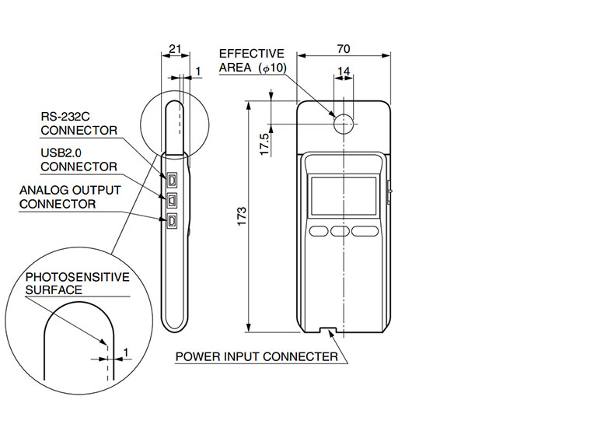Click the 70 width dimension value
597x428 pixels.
[x=343, y=48]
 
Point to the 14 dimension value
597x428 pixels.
[x=343, y=72]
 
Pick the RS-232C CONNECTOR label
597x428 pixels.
[x=78, y=123]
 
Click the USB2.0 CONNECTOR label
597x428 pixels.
[x=78, y=160]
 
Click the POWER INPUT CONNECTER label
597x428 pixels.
[x=257, y=357]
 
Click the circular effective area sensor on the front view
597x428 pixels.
[x=343, y=122]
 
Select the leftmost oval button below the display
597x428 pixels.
[x=319, y=230]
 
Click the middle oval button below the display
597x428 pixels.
[x=340, y=230]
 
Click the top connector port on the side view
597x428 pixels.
[x=171, y=180]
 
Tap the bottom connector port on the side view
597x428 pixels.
[x=171, y=221]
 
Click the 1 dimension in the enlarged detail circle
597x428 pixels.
[x=125, y=353]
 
